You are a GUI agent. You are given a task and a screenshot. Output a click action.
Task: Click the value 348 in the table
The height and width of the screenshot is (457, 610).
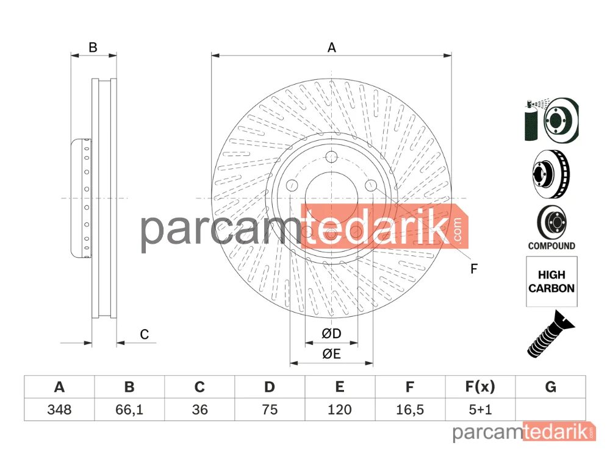tap(59, 409)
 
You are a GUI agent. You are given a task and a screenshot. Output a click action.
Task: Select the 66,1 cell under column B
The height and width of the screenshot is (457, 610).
tap(129, 409)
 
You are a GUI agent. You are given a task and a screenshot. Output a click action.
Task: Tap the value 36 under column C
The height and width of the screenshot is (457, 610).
tap(199, 409)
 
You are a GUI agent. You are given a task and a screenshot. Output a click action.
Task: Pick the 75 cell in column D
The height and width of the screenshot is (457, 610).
tap(270, 409)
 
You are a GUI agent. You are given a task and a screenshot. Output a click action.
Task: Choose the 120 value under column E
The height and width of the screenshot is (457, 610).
tap(340, 409)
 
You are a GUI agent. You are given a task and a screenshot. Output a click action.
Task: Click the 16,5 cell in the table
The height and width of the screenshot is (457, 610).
tap(410, 409)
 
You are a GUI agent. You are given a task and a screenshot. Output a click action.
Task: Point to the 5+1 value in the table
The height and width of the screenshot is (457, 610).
tap(480, 409)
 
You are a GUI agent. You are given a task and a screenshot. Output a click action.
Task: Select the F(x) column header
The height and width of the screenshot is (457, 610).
tap(480, 387)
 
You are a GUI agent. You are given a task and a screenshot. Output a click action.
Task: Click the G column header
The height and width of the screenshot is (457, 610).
tap(550, 387)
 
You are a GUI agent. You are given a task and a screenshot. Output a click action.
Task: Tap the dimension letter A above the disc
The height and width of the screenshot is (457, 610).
tap(331, 48)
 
